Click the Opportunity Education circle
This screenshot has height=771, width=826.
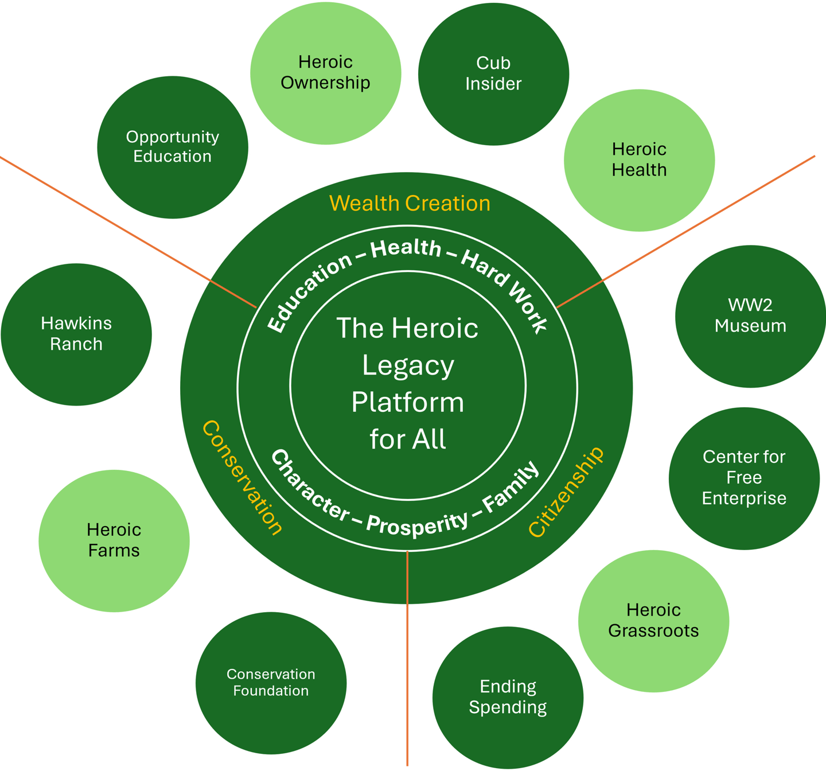[x=173, y=147]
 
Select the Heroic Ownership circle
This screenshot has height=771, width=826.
[x=325, y=72]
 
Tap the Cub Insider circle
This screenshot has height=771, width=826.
[x=493, y=73]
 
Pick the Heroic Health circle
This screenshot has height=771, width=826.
[x=639, y=159]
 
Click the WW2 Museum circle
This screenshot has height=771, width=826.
[x=750, y=316]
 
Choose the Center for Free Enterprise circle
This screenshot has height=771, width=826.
[x=744, y=478]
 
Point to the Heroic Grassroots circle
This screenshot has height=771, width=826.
[x=653, y=620]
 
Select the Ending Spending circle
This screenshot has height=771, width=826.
[x=508, y=697]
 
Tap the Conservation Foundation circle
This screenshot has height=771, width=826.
[x=271, y=682]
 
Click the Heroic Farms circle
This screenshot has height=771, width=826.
[x=114, y=540]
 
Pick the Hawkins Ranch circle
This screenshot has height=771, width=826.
[x=76, y=334]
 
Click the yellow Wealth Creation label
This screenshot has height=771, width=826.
[x=410, y=204]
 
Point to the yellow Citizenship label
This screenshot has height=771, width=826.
[x=566, y=492]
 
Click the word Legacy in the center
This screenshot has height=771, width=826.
[x=408, y=365]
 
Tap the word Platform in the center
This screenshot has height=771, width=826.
[x=408, y=402]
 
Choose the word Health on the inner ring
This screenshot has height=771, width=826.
[x=406, y=248]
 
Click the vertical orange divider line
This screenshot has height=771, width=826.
[x=407, y=660]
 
